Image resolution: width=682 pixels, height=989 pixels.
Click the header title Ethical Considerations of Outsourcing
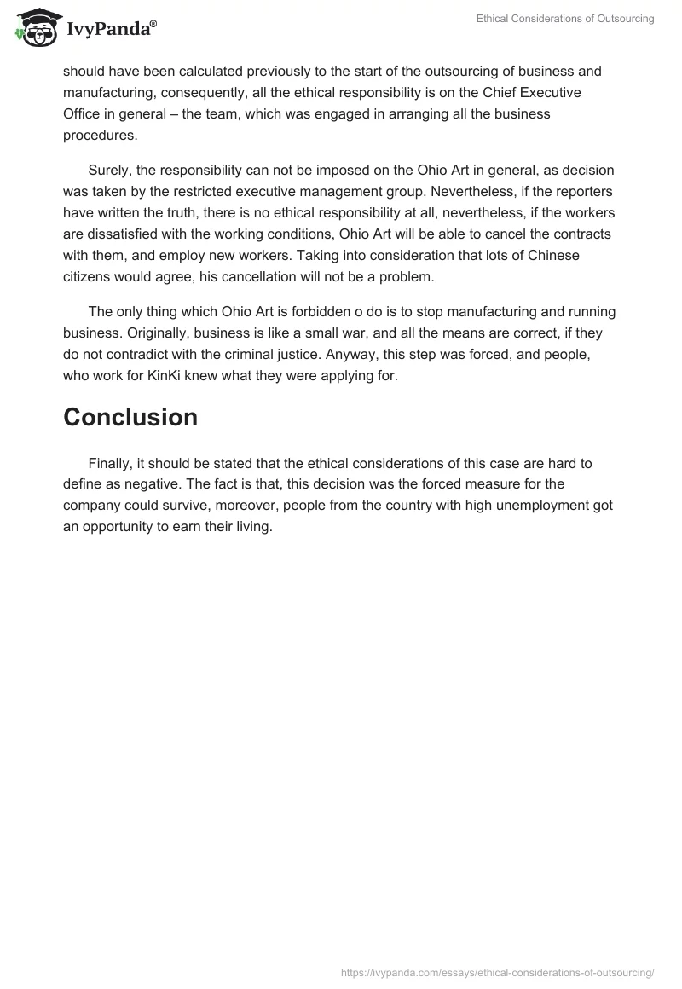pyautogui.click(x=565, y=20)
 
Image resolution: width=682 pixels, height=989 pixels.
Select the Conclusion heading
pyautogui.click(x=130, y=417)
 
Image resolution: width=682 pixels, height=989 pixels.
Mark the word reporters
pyautogui.click(x=578, y=190)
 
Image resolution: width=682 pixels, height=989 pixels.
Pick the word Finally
pyautogui.click(x=111, y=464)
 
